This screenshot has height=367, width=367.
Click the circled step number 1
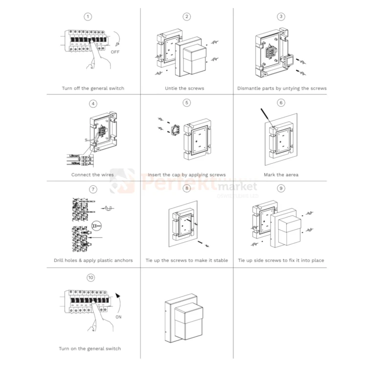88,17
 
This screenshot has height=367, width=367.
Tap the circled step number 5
186,103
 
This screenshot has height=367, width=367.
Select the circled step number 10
91,277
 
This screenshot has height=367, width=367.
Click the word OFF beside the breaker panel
115,51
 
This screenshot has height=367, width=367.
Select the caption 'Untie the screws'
184,89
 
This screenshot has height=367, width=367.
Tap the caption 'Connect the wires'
92,175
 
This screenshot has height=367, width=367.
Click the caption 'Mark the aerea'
281,175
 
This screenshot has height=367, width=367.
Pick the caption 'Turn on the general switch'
90,348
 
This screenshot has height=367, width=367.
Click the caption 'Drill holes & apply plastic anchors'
93,260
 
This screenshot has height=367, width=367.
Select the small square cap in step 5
173,131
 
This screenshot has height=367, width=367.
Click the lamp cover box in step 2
192,57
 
